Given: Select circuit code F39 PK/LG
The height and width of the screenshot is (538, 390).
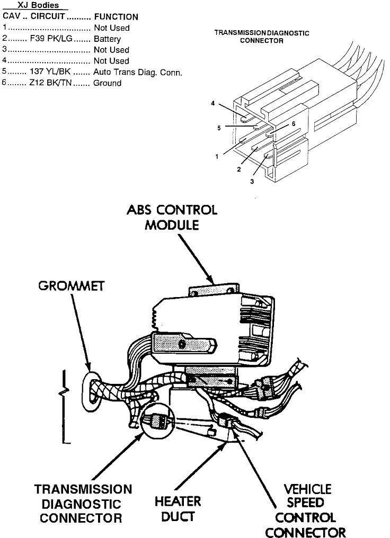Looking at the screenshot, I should pyautogui.click(x=52, y=39).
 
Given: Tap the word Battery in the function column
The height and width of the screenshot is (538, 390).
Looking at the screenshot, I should pyautogui.click(x=107, y=39).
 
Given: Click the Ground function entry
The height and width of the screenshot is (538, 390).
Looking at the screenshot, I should pyautogui.click(x=107, y=83).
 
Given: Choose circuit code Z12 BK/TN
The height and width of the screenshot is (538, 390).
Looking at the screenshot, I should pyautogui.click(x=52, y=83).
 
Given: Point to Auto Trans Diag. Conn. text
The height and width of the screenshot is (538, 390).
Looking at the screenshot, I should pyautogui.click(x=138, y=72).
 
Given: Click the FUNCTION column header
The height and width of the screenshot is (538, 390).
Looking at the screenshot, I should pyautogui.click(x=116, y=17).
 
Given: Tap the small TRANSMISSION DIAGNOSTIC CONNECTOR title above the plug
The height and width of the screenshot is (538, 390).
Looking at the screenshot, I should pyautogui.click(x=261, y=37).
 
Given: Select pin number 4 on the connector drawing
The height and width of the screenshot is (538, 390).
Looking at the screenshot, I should pyautogui.click(x=212, y=104).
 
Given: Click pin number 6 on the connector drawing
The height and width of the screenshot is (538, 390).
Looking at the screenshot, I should pyautogui.click(x=293, y=123).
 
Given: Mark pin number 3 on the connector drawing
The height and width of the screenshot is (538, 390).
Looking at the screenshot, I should pyautogui.click(x=252, y=181).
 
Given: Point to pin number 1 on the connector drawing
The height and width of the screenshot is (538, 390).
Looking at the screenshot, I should pyautogui.click(x=217, y=157).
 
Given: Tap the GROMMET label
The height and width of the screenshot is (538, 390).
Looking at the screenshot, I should pyautogui.click(x=72, y=286).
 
